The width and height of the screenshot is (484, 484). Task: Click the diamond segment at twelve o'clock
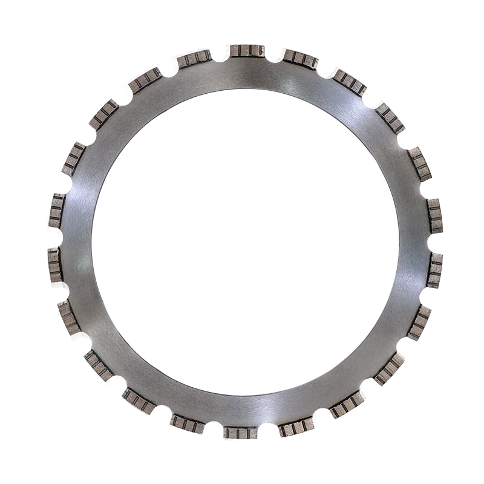247,51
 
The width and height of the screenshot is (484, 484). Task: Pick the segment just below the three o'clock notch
434,270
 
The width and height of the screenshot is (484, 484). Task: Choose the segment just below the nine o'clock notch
56,264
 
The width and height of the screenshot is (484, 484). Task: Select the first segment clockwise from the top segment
301,59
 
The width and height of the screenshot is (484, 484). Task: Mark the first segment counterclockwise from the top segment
195,59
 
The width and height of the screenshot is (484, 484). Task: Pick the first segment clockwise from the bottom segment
187,423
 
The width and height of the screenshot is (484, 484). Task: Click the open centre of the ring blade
245,242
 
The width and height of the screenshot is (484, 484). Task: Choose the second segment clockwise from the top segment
349,82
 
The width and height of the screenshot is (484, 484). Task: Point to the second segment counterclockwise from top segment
145,80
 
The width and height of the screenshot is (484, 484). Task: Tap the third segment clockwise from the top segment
390,118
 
